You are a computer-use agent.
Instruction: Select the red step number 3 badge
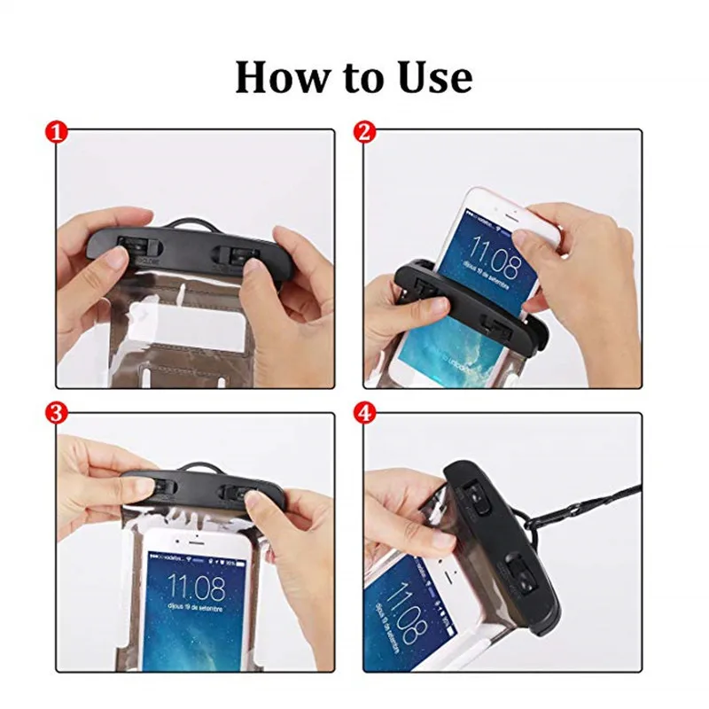(x=56, y=412)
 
